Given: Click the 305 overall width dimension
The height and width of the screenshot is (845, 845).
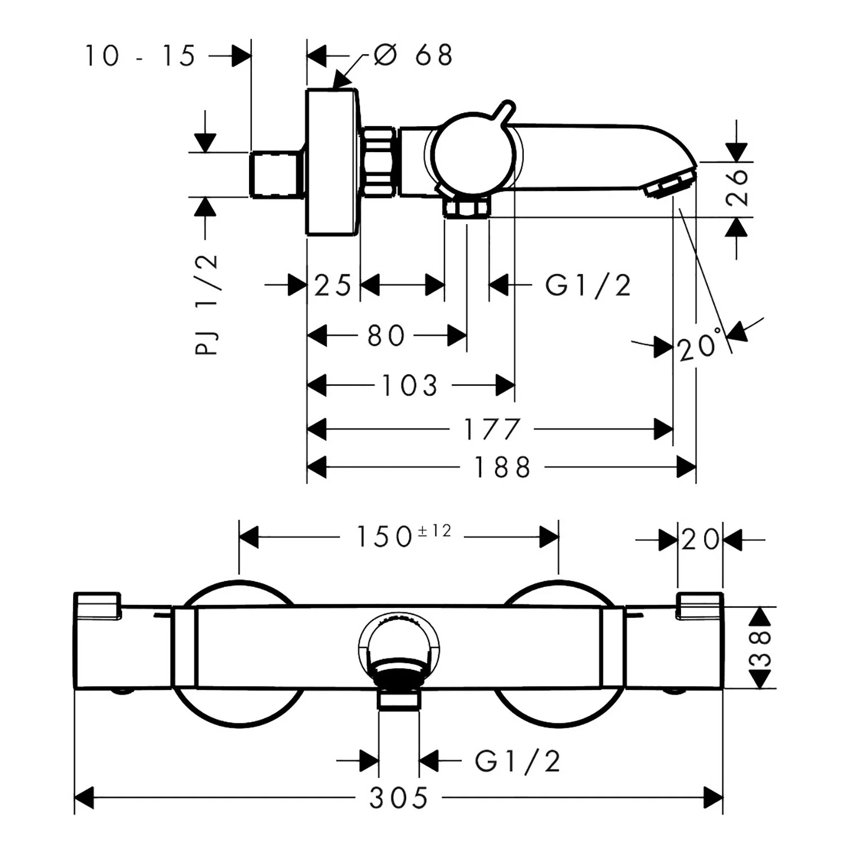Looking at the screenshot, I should [x=398, y=798].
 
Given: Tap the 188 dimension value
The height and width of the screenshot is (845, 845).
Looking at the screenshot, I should [x=502, y=468].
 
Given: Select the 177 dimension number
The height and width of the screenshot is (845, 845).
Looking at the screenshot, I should [x=491, y=430].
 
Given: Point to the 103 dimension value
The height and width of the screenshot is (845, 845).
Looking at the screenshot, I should [x=410, y=386].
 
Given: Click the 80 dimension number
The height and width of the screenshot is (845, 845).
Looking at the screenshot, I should [x=386, y=336].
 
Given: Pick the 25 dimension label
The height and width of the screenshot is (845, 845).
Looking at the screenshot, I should [x=332, y=286].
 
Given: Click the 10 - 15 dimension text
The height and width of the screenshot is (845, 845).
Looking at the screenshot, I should [x=140, y=56].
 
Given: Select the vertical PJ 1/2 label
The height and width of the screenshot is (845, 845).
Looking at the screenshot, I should [x=207, y=304].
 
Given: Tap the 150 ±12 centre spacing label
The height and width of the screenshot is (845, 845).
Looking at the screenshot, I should [x=403, y=536].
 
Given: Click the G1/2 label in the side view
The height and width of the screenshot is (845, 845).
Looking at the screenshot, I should [x=588, y=286].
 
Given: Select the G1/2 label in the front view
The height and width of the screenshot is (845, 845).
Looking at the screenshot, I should [x=517, y=762].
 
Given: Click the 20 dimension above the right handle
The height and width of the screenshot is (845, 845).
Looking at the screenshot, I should [x=700, y=540].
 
